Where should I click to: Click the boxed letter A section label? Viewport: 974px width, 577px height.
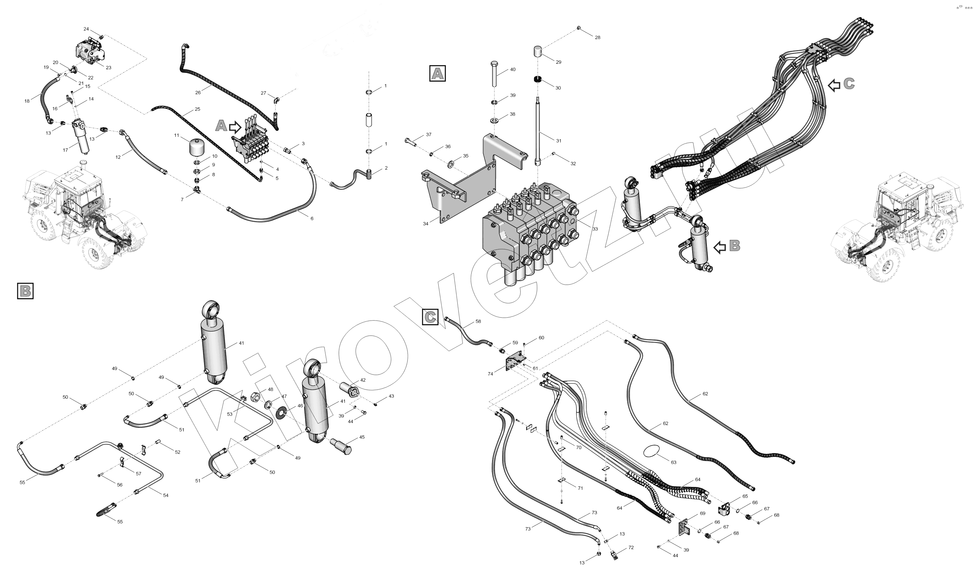(x=438, y=73)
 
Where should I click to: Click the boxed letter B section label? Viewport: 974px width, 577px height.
(x=25, y=291)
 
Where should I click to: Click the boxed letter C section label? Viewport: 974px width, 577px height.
(x=430, y=317)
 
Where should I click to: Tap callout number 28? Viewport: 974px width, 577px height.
(x=598, y=37)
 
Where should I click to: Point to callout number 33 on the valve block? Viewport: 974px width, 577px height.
(x=595, y=229)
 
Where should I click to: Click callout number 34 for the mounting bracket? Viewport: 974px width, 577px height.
(x=426, y=223)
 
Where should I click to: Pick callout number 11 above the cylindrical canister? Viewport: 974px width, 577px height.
(x=177, y=135)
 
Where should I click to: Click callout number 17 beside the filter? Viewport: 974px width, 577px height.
(x=65, y=150)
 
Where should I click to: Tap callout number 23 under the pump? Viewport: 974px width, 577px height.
(x=108, y=67)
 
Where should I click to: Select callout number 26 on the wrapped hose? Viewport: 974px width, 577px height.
(x=198, y=92)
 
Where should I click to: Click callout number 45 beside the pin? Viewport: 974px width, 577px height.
(x=362, y=437)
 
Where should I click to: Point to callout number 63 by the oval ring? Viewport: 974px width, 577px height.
(x=674, y=462)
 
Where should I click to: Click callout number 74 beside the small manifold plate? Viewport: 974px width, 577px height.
(x=490, y=374)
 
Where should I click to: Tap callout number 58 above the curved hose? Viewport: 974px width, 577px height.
(x=478, y=322)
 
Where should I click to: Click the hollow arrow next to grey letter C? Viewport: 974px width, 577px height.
(x=834, y=85)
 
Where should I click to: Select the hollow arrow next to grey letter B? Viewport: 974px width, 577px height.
(x=720, y=247)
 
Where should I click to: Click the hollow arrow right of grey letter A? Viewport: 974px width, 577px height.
(x=235, y=127)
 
